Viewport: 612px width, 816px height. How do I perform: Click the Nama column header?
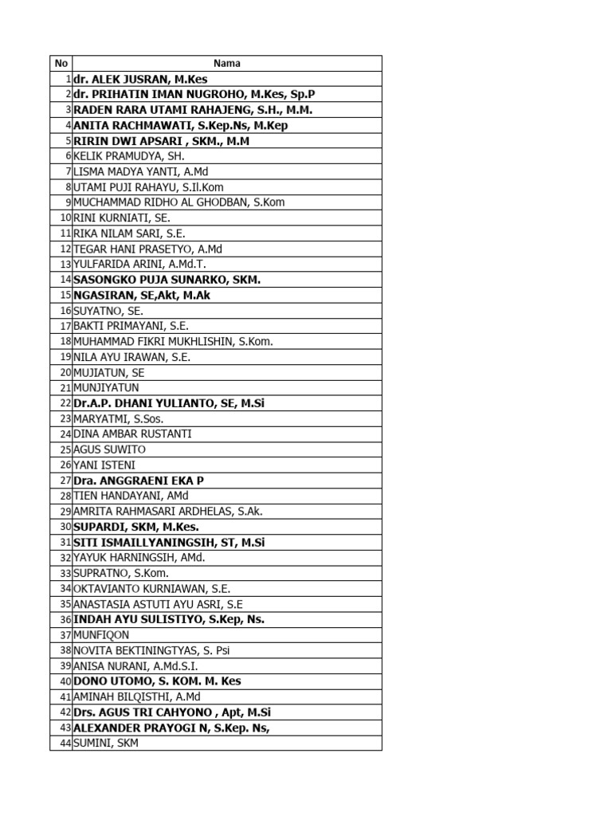(x=227, y=63)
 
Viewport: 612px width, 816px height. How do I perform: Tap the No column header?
(x=61, y=63)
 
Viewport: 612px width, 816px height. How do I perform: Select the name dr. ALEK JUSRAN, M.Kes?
(x=140, y=79)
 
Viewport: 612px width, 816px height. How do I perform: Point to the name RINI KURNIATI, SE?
(x=122, y=218)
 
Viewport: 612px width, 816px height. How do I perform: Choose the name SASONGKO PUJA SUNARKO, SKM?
(x=167, y=280)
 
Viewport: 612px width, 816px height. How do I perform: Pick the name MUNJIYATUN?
(x=106, y=388)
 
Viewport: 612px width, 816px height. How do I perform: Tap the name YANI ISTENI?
(x=104, y=465)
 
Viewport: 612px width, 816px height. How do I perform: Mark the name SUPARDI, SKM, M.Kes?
(x=136, y=527)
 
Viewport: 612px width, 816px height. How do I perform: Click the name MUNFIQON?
(x=101, y=635)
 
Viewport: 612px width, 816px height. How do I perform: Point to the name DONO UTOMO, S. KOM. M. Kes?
(x=157, y=681)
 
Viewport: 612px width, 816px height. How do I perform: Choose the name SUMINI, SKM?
(x=106, y=743)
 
